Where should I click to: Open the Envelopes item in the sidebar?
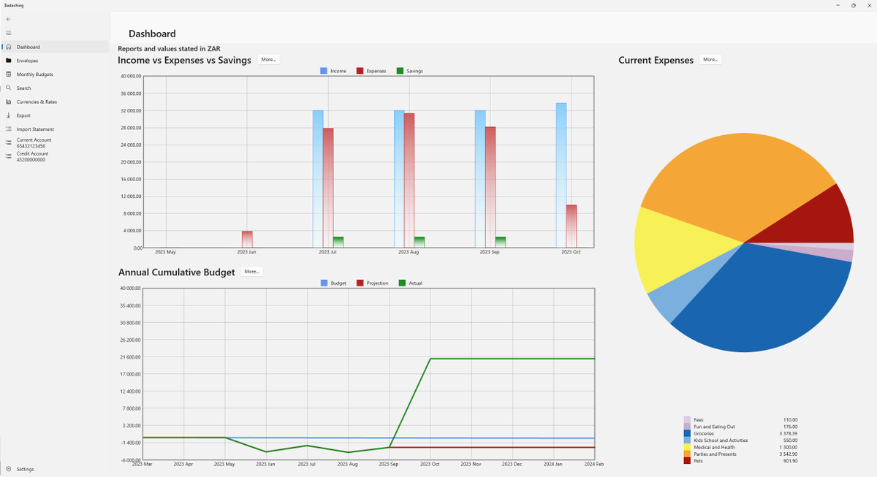point(27,61)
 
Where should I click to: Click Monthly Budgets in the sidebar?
point(34,75)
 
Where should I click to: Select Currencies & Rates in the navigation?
point(37,102)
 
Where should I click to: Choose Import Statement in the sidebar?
point(35,129)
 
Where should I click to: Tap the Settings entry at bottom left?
point(25,469)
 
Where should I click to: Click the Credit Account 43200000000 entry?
point(32,156)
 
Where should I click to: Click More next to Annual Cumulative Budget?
point(251,272)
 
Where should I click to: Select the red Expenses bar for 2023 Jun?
point(247,240)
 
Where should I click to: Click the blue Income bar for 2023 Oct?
point(561,175)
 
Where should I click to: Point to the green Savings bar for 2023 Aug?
point(419,243)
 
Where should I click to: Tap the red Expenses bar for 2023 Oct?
point(572,226)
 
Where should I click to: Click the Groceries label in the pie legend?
point(704,433)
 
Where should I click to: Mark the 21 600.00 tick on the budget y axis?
point(129,357)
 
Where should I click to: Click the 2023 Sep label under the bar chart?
point(490,252)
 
